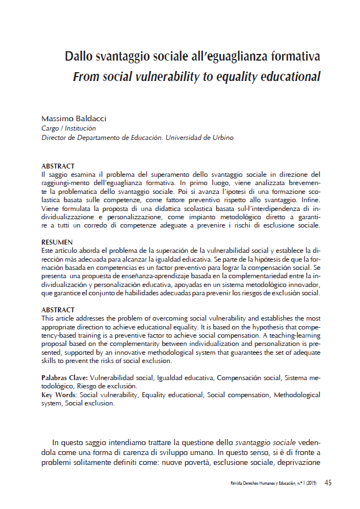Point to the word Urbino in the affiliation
(x=221, y=138)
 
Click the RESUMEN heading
(x=57, y=242)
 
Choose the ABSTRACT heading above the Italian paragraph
(x=58, y=166)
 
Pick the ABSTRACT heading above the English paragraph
(x=58, y=310)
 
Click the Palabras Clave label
(x=65, y=378)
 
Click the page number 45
(x=328, y=483)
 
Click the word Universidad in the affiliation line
(x=184, y=138)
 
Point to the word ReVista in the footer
(x=238, y=484)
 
